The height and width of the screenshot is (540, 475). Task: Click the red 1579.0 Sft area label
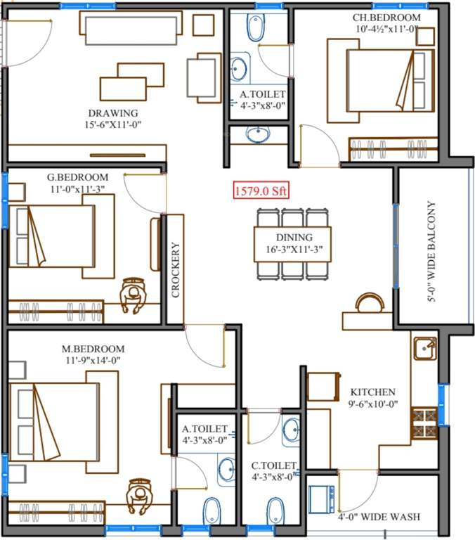tap(261, 190)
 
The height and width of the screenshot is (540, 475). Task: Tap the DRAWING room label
tap(113, 112)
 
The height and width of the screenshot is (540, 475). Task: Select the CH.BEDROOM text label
tap(388, 18)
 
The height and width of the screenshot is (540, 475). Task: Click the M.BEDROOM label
tap(93, 349)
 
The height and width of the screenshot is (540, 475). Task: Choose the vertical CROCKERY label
tap(176, 271)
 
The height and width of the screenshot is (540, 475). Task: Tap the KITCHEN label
tap(373, 392)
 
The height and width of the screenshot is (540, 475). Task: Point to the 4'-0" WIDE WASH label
tap(379, 517)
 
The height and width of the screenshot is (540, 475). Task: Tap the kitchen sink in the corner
tap(424, 348)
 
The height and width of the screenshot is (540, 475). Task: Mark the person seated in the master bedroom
tap(140, 497)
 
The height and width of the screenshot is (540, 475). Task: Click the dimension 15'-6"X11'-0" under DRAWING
tap(113, 124)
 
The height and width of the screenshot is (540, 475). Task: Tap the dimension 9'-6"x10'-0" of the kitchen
tap(373, 404)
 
